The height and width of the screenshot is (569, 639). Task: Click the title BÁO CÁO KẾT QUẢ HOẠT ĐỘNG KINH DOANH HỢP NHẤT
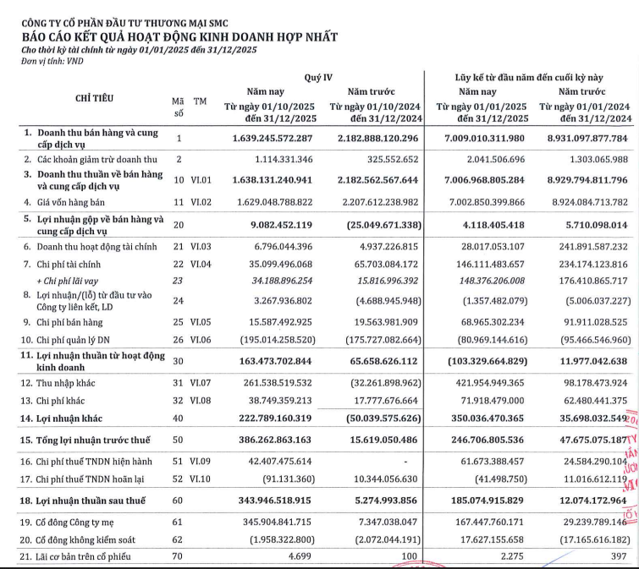179,37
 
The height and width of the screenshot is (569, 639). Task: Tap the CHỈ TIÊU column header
95,99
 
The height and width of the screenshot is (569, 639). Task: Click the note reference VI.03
200,245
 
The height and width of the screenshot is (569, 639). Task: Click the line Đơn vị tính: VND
47,61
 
